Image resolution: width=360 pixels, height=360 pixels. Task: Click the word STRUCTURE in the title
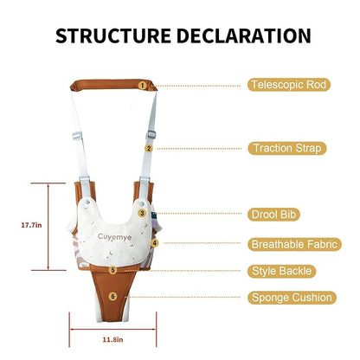pyautogui.click(x=113, y=36)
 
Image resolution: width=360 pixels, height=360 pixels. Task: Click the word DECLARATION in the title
pyautogui.click(x=244, y=36)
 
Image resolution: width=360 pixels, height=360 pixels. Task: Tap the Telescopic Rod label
pyautogui.click(x=289, y=85)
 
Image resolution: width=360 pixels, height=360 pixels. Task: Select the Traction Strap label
pyautogui.click(x=287, y=148)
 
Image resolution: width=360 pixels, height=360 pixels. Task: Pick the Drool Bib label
pyautogui.click(x=273, y=215)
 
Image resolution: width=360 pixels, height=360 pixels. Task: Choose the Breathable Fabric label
pyautogui.click(x=294, y=244)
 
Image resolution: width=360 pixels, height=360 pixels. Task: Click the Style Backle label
pyautogui.click(x=281, y=271)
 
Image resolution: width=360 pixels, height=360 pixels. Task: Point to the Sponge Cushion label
pyautogui.click(x=292, y=298)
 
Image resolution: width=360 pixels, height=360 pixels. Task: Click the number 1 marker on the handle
pyautogui.click(x=142, y=86)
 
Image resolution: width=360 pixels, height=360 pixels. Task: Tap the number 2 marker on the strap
pyautogui.click(x=149, y=149)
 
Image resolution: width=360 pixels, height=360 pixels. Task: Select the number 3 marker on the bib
pyautogui.click(x=142, y=213)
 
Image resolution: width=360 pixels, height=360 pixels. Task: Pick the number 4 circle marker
pyautogui.click(x=155, y=243)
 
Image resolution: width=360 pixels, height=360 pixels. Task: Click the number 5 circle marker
pyautogui.click(x=112, y=270)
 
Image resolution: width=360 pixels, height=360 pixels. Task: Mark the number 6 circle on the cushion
pyautogui.click(x=112, y=296)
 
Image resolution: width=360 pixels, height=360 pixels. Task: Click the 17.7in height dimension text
pyautogui.click(x=31, y=225)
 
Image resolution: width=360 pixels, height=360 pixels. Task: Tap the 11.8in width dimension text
pyautogui.click(x=112, y=339)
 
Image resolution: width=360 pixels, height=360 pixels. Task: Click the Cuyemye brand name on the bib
pyautogui.click(x=114, y=237)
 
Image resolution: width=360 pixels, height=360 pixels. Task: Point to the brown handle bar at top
pyautogui.click(x=113, y=85)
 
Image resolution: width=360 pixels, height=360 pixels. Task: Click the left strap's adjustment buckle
pyautogui.click(x=77, y=136)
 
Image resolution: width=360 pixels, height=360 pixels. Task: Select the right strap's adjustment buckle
pyautogui.click(x=151, y=134)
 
